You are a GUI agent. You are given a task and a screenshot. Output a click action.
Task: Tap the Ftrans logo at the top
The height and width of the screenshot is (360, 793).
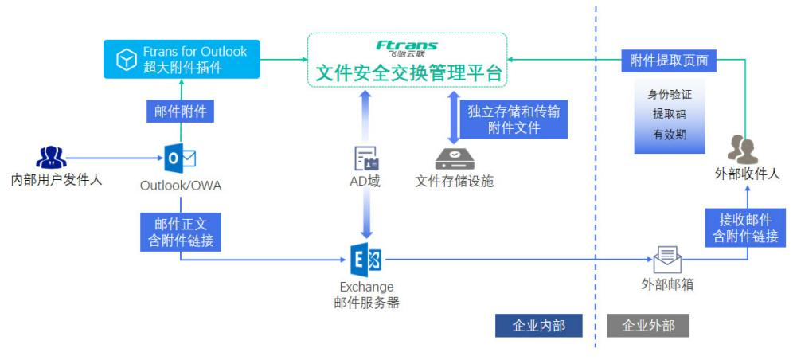407,47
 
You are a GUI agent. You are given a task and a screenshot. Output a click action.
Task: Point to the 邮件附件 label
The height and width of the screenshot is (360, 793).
181,112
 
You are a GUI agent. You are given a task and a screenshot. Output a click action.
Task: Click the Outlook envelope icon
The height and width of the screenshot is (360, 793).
179,158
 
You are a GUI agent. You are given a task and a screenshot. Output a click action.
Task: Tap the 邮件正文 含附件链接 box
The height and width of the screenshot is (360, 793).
181,231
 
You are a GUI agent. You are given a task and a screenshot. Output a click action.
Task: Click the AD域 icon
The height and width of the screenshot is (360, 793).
366,158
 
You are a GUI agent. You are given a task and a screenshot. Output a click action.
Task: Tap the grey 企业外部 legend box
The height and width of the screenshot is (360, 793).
648,326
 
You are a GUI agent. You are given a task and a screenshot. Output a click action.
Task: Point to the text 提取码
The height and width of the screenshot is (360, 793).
670,114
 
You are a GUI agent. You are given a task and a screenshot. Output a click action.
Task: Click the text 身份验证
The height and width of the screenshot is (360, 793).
670,94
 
